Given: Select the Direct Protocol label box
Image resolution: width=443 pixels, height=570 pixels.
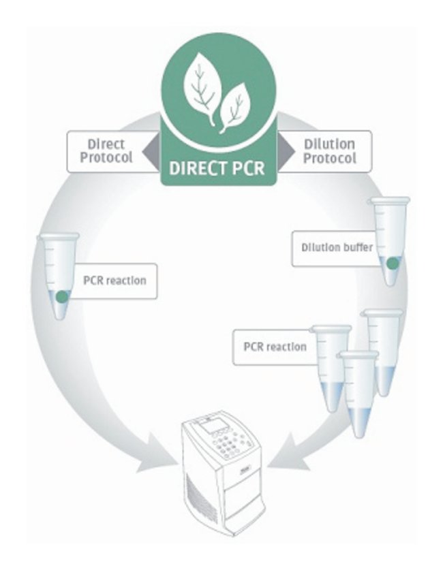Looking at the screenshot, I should (106, 151).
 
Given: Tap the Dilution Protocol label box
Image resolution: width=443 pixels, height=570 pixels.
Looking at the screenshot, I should (329, 151).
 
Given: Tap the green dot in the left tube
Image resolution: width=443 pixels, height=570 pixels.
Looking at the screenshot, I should (62, 296).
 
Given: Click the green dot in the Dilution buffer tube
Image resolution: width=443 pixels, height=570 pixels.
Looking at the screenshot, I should (392, 264).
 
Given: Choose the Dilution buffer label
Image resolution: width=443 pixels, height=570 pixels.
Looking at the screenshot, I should (337, 247).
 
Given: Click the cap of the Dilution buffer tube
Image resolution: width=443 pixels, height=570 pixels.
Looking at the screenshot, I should (389, 202).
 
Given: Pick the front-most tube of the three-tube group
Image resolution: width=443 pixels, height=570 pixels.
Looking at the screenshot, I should (358, 389).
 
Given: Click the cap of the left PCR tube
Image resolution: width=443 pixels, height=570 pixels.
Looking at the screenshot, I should (59, 236).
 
